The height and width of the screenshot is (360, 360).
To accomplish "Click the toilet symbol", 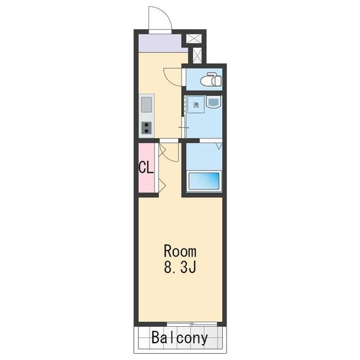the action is (211, 79).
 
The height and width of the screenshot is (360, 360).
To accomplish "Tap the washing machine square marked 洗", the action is (196, 105).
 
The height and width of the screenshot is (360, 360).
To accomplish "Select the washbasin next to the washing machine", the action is (214, 102).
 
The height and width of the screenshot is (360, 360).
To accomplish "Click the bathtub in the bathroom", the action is (204, 181).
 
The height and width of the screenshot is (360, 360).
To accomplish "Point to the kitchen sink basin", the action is (146, 105).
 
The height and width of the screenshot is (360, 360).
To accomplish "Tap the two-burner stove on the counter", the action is (146, 128).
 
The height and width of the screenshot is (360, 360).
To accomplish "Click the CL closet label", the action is (146, 167).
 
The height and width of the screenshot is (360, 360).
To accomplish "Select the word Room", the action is (180, 251).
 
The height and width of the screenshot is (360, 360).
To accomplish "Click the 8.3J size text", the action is (180, 267).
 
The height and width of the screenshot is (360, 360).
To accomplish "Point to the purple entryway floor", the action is (161, 43).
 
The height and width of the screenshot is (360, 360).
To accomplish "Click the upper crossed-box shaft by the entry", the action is (193, 39).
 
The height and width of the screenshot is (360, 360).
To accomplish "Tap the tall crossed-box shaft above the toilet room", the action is (197, 55).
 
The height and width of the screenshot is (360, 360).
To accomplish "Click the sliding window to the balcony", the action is (192, 324).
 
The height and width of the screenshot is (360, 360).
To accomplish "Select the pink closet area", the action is (146, 168).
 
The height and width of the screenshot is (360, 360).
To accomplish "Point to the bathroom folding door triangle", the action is (219, 146).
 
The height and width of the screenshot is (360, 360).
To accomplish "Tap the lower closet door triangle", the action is (162, 185).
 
